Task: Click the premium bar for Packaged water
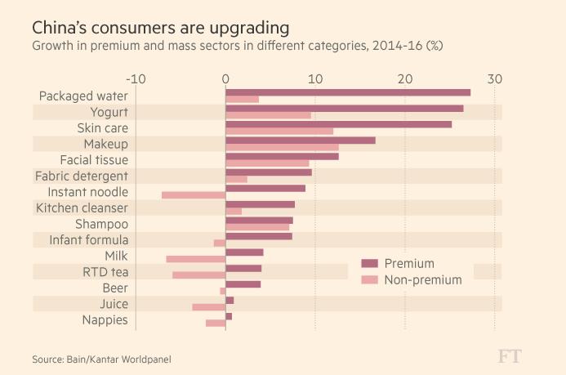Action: click(x=348, y=92)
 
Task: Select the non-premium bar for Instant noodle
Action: click(x=194, y=194)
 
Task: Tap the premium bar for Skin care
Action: click(x=338, y=124)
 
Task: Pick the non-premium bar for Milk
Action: click(x=196, y=259)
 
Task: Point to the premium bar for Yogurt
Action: click(x=344, y=108)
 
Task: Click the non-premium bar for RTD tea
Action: click(x=199, y=275)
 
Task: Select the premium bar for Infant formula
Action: click(x=259, y=236)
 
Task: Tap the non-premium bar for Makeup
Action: click(x=282, y=147)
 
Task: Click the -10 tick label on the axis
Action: click(x=136, y=78)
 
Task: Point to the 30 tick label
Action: click(x=494, y=78)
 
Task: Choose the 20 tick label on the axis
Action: click(x=404, y=78)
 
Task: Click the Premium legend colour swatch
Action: click(x=369, y=263)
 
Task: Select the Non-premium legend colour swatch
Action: click(x=369, y=279)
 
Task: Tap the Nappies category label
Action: click(x=105, y=319)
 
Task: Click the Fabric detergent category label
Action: click(x=82, y=176)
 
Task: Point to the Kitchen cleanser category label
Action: click(x=82, y=208)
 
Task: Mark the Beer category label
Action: click(x=115, y=288)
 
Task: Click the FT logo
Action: click(x=510, y=356)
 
